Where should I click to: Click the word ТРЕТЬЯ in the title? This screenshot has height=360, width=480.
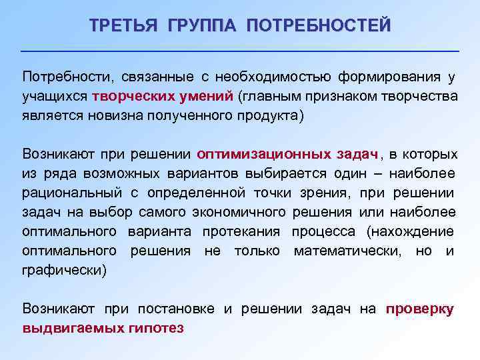125,26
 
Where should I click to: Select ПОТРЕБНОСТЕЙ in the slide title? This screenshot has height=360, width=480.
318,26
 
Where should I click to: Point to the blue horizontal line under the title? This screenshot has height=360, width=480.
240,51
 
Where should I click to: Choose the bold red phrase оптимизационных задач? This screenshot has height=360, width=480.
288,154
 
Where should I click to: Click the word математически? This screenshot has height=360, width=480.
344,251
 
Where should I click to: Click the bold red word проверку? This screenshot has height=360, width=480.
420,309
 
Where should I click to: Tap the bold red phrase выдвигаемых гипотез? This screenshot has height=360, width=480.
103,328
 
